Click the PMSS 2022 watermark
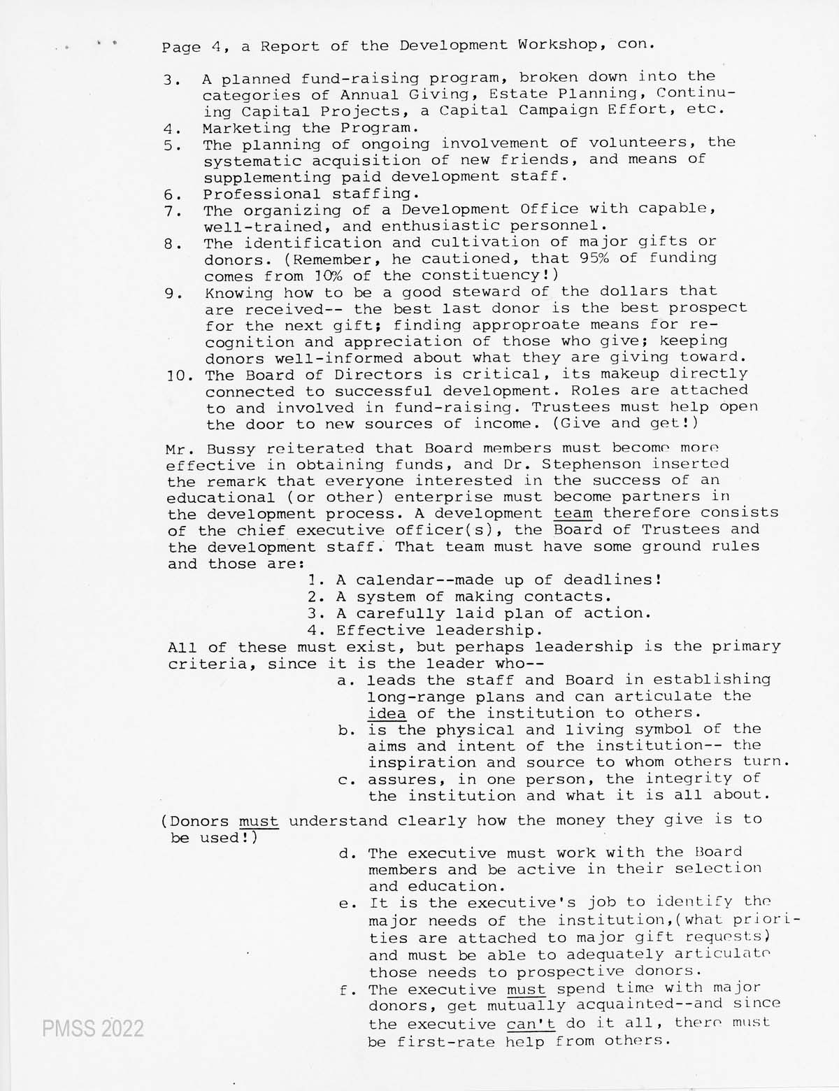[92, 1029]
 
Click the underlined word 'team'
[573, 513]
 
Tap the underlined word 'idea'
[387, 714]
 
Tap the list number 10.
[180, 376]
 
